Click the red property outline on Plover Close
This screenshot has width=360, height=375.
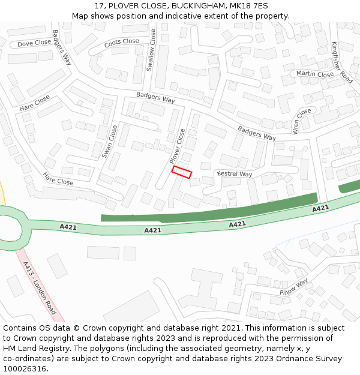click(182, 172)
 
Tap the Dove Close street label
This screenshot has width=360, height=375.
click(34, 43)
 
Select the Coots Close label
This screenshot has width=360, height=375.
click(121, 43)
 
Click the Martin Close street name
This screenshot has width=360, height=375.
click(315, 74)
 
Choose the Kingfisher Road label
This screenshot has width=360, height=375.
click(342, 61)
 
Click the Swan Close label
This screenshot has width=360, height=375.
click(110, 141)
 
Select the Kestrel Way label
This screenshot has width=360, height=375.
click(235, 174)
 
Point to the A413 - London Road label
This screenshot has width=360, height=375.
click(40, 289)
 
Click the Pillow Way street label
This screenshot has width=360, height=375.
click(293, 286)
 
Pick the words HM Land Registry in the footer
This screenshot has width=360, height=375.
click(36, 348)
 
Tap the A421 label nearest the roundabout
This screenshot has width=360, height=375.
click(68, 227)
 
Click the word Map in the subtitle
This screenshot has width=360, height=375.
click(80, 16)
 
